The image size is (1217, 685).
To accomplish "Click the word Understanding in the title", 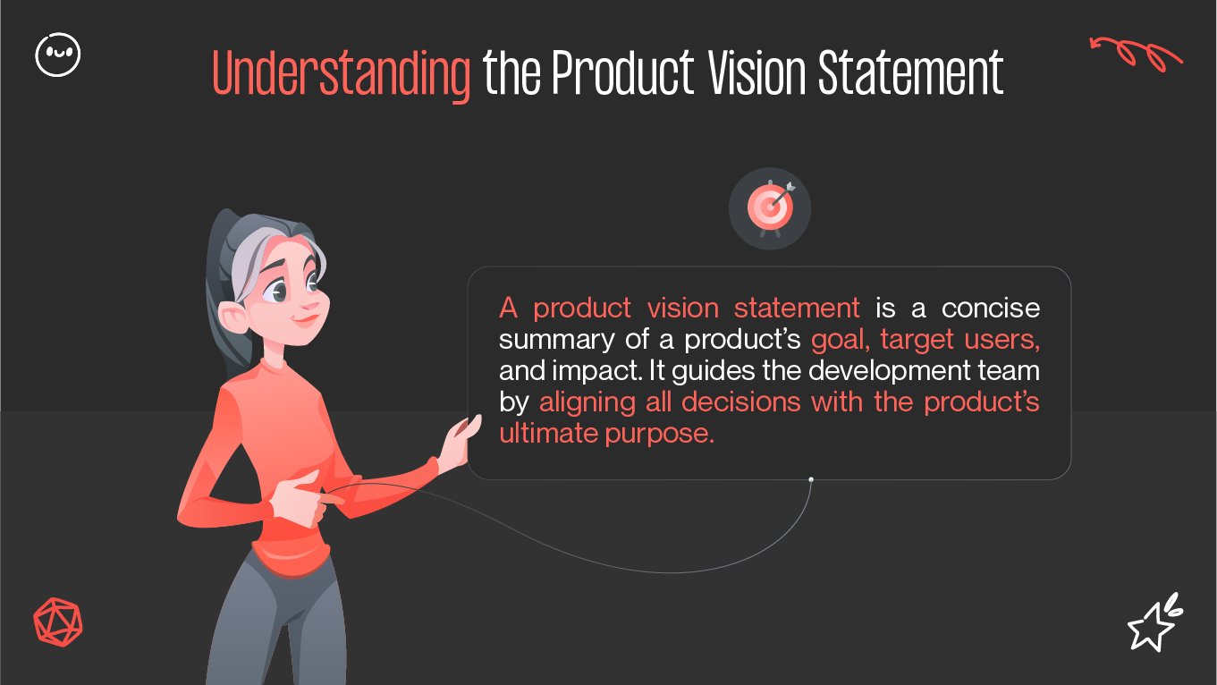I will [x=342, y=74].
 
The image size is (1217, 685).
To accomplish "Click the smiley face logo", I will [x=57, y=55].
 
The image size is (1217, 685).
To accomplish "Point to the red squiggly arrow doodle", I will [x=1136, y=53].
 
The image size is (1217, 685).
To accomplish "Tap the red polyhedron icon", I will [x=57, y=620].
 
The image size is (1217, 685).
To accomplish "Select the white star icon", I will [x=1153, y=623].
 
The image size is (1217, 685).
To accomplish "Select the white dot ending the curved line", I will [x=811, y=479].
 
